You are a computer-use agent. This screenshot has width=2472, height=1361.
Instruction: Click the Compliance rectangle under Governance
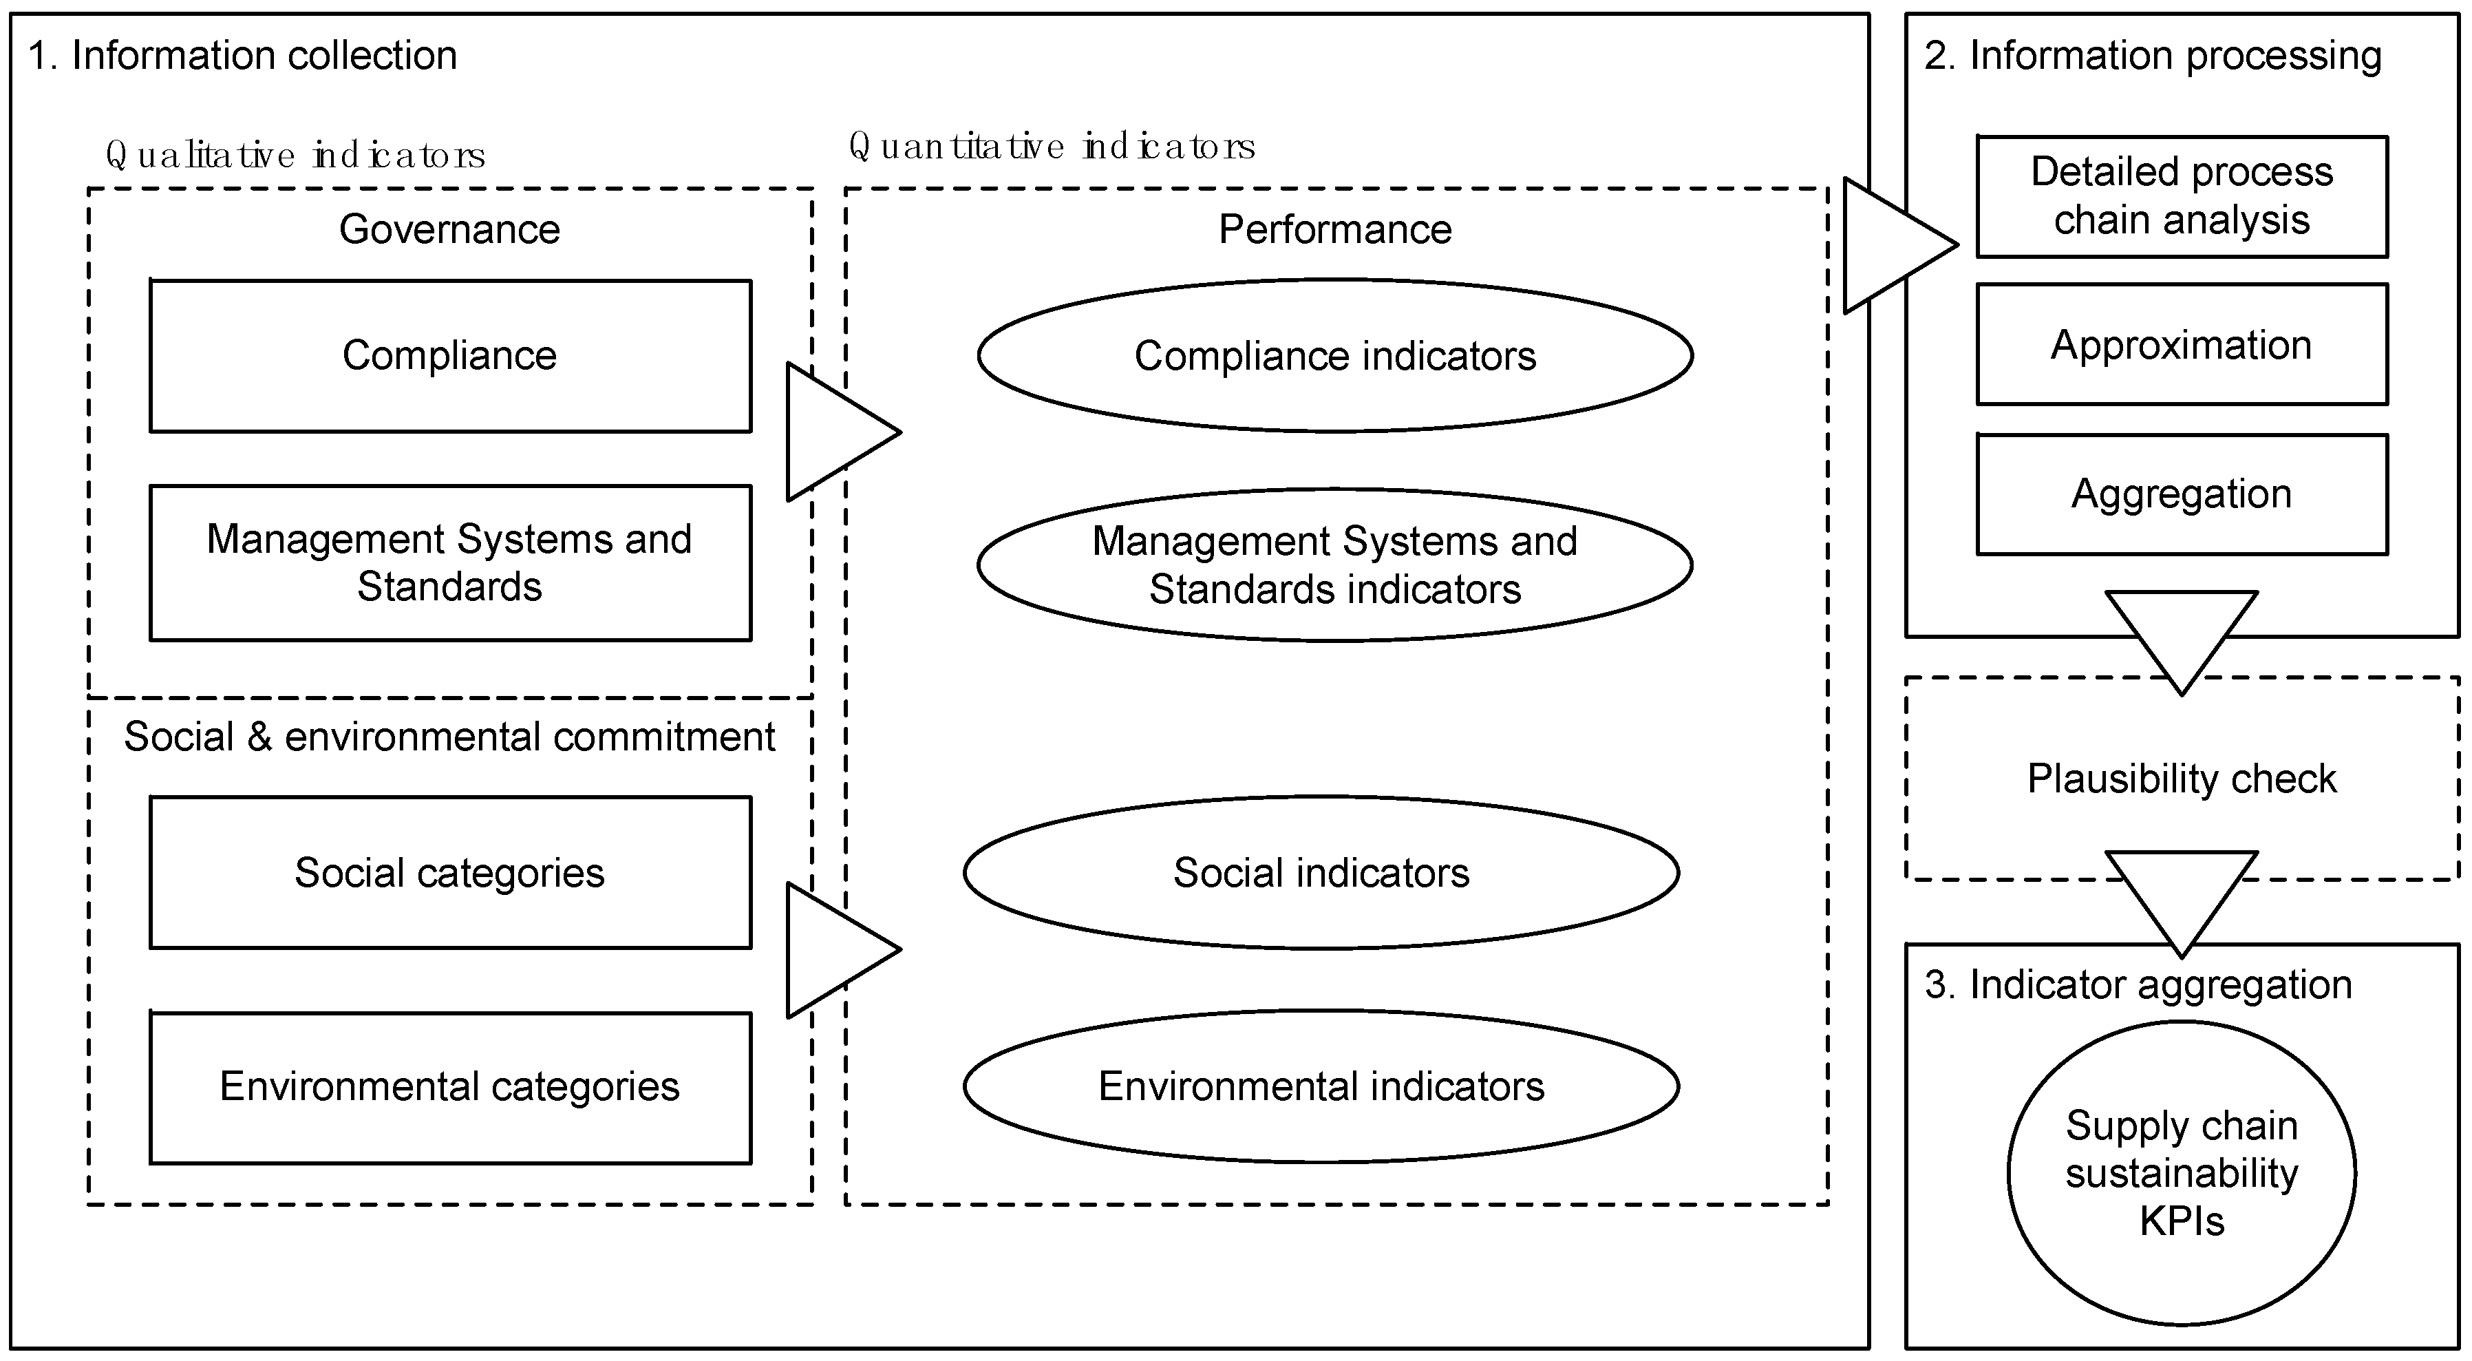(450, 356)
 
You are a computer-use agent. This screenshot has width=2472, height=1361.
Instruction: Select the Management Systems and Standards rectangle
(450, 562)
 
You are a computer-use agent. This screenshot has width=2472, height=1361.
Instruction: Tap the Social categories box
(450, 872)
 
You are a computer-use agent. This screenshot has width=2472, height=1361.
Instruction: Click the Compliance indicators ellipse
(1335, 356)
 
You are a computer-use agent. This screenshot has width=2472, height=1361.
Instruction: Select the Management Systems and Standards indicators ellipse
(1335, 565)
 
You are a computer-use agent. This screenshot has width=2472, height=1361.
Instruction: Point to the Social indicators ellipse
(1321, 872)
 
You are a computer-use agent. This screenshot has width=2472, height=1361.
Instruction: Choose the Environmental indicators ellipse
(1321, 1086)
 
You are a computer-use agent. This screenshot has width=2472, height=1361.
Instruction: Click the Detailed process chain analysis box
(2181, 197)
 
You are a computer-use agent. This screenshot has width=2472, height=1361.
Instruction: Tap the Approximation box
(2181, 345)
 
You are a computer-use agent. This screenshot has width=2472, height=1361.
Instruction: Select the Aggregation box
(2181, 494)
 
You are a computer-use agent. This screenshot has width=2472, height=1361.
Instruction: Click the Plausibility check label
(2181, 779)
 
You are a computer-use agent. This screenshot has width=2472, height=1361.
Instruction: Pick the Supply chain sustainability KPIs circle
(2181, 1173)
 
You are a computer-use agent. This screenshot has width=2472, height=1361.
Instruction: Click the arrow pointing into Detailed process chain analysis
(1890, 246)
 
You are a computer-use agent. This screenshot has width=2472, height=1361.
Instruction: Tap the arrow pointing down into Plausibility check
(2181, 633)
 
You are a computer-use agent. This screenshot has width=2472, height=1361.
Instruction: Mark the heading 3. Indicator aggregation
(2138, 984)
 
